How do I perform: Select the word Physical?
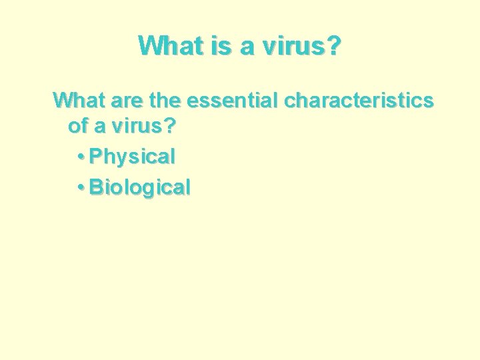pos(132,157)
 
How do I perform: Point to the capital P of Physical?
pos(95,157)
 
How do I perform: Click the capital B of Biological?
pos(96,187)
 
